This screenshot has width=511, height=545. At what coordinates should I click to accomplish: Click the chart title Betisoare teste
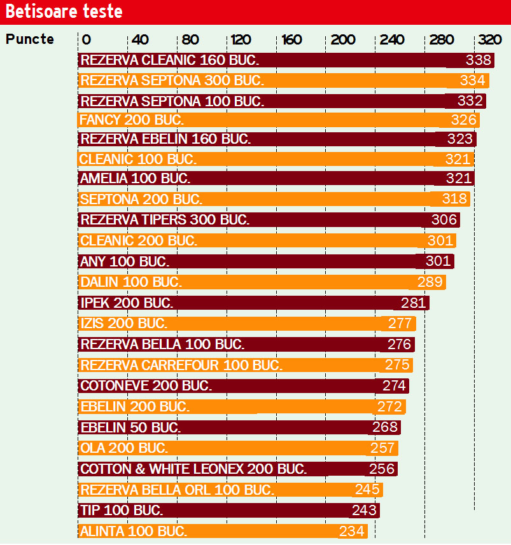[x=64, y=12]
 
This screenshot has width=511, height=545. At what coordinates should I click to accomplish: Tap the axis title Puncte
[x=30, y=39]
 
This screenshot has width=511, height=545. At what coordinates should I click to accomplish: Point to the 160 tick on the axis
[x=291, y=39]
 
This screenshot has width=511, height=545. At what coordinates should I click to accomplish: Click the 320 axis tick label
[x=490, y=39]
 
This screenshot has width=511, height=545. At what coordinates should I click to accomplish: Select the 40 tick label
[x=140, y=39]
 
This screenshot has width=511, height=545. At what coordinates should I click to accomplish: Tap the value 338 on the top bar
[x=479, y=60]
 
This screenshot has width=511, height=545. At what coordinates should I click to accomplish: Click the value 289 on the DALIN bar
[x=430, y=282]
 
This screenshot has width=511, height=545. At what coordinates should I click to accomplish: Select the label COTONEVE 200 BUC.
[x=146, y=385]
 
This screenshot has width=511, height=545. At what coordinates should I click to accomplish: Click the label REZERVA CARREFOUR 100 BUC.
[x=181, y=365]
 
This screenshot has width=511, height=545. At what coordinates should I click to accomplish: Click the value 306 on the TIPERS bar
[x=444, y=220]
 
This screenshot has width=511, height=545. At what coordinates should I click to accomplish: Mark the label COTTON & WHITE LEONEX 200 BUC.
[x=193, y=469]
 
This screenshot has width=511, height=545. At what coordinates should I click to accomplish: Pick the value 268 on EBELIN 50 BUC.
[x=386, y=427]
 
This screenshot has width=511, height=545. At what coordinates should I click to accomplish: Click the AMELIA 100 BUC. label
[x=135, y=179]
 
